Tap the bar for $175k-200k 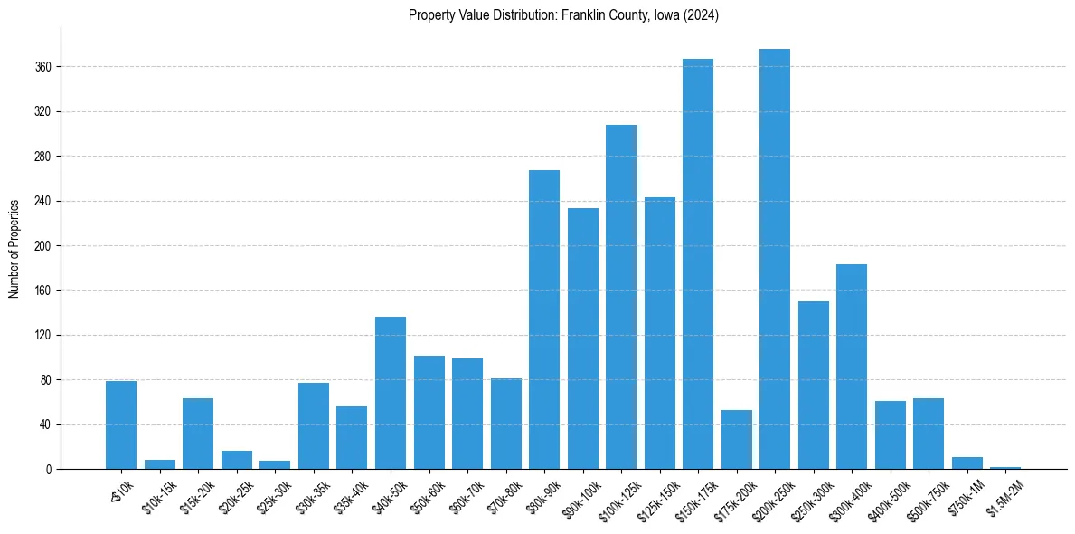coord(737,440)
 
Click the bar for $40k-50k coord(391,393)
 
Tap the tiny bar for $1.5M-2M coord(1005,468)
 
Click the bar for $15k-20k coord(198,434)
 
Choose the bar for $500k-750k coord(929,434)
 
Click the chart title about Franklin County coord(563,15)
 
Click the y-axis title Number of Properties coord(14,248)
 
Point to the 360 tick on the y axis coord(43,67)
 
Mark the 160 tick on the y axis coord(43,291)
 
